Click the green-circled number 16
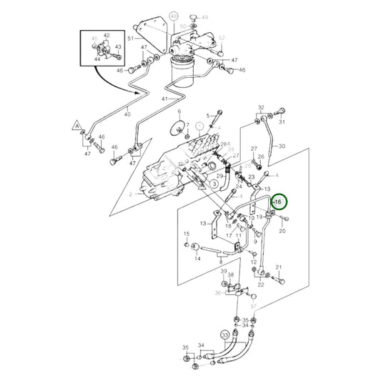(x=278, y=203)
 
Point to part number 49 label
(x=205, y=17)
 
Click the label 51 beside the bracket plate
(x=130, y=38)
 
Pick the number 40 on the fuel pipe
(x=129, y=112)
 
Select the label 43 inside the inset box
(x=117, y=47)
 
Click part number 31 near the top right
(x=282, y=122)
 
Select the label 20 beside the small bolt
(x=281, y=231)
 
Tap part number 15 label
(x=187, y=234)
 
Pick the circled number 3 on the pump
(x=213, y=184)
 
